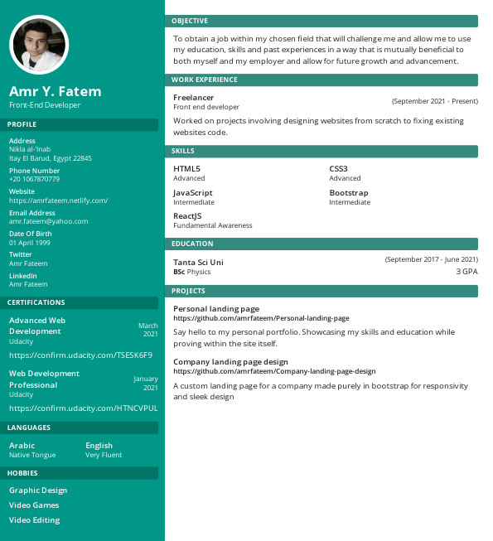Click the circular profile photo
click(39, 45)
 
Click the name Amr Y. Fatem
click(55, 91)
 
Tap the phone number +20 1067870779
click(34, 179)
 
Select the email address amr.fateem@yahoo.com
click(48, 221)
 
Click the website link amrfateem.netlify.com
click(58, 200)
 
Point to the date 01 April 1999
click(30, 243)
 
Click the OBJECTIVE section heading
click(190, 21)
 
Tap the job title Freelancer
click(194, 97)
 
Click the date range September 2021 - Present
click(434, 101)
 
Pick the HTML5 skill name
click(186, 168)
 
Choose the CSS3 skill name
click(339, 168)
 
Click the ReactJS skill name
click(187, 215)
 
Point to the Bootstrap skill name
click(348, 192)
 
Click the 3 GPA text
click(466, 271)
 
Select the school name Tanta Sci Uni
click(198, 262)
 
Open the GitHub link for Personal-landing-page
click(261, 318)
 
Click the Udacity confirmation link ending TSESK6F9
click(80, 355)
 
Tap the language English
click(99, 446)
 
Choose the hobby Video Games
click(34, 505)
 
